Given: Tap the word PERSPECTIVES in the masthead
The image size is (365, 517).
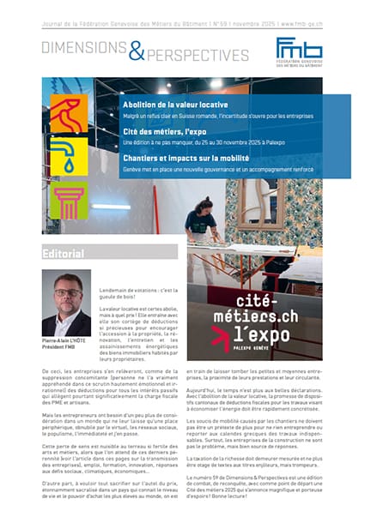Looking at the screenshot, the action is pyautogui.click(x=197, y=56).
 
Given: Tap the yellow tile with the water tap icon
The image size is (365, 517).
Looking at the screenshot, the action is pyautogui.click(x=66, y=157).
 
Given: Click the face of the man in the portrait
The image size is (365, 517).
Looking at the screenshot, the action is pyautogui.click(x=66, y=295).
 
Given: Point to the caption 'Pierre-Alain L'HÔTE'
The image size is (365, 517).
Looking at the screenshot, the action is pyautogui.click(x=66, y=341).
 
